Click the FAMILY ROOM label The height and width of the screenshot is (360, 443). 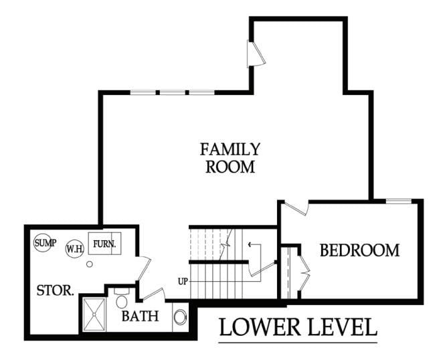click(x=230, y=157)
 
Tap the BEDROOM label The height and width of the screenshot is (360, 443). click(x=359, y=250)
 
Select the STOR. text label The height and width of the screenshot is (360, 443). click(x=55, y=290)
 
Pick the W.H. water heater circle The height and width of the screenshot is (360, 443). click(x=74, y=249)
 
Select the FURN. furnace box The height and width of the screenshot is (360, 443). click(x=104, y=245)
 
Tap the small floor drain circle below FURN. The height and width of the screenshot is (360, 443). click(x=90, y=264)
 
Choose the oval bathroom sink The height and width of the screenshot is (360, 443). click(x=180, y=316)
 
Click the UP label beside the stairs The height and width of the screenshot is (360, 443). click(x=183, y=280)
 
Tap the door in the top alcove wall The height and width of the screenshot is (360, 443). click(x=255, y=54)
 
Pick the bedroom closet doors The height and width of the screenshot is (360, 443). click(x=303, y=271)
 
